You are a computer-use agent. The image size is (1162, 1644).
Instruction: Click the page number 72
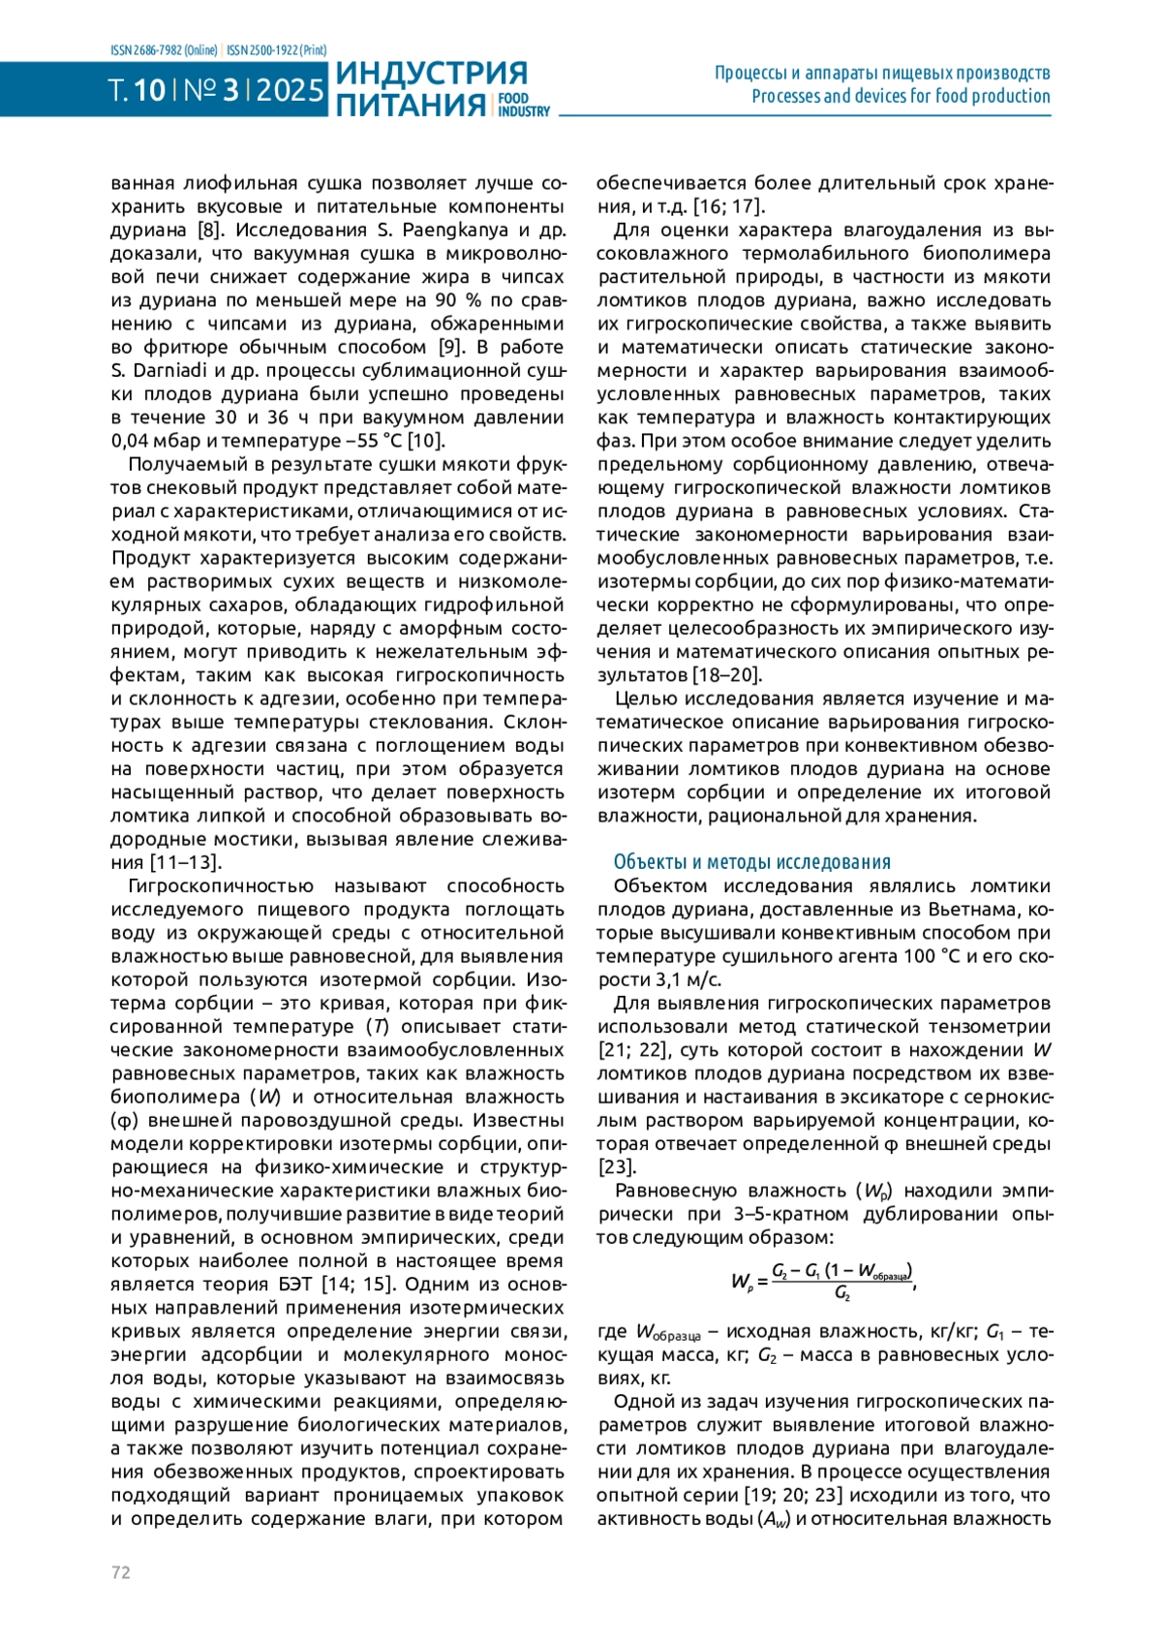coord(121,1571)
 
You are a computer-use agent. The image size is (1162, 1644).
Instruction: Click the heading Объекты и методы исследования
coord(751,861)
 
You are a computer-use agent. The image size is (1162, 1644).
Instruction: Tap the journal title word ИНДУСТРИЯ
coord(432,73)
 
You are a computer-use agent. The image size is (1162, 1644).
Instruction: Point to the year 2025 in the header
coord(290,90)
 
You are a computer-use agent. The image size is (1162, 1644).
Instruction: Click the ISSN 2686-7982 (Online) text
coord(165,50)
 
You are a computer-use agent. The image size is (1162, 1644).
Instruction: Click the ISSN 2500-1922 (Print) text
coord(277,50)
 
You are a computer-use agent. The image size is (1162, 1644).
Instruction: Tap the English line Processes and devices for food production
coord(901,96)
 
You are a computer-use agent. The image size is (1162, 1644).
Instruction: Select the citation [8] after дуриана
coord(208,230)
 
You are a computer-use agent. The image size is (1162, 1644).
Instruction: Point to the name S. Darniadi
coord(153,370)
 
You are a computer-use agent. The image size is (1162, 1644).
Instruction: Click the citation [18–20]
coord(726,674)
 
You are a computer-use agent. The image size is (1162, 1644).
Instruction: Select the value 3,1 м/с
coord(672,979)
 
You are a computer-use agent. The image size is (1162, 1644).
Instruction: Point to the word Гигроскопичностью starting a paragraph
coord(221,885)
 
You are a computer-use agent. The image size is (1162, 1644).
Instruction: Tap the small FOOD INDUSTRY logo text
coord(523,105)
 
